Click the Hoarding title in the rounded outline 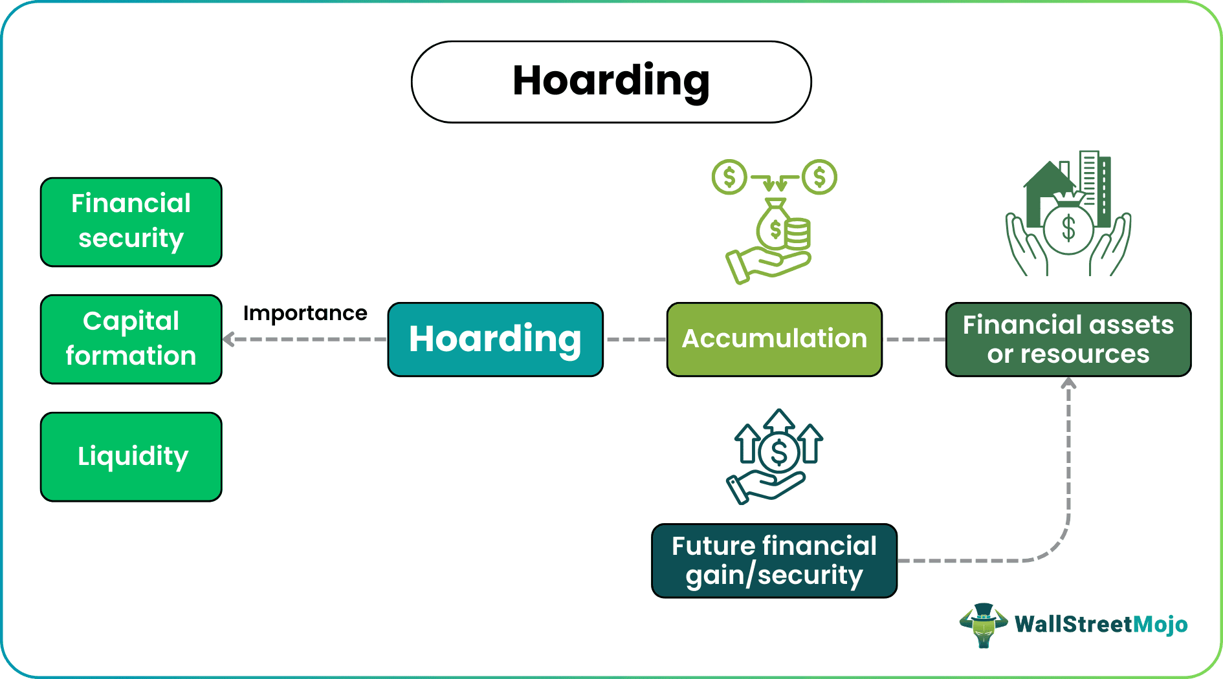pos(611,81)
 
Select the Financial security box pos(131,222)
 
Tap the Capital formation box pos(131,339)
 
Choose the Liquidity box pos(131,457)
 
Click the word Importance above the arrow pos(305,314)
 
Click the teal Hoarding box pos(495,339)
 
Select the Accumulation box pos(774,339)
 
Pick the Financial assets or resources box pos(1068,339)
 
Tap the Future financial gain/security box pos(774,561)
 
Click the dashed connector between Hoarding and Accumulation pos(635,339)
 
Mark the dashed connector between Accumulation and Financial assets pos(914,339)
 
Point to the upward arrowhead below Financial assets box pos(1068,383)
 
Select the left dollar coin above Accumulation pos(729,177)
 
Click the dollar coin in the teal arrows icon pos(779,453)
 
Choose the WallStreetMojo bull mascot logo pos(983,625)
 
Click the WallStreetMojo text pos(1101,625)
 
